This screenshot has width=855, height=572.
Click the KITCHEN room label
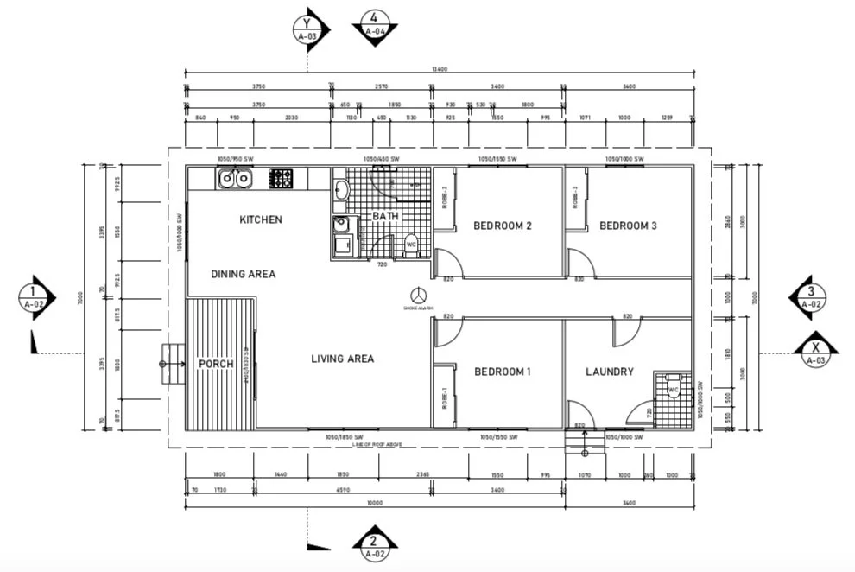[x=261, y=219]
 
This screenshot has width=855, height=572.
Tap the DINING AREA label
[x=244, y=274]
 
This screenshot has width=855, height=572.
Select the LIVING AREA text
[x=343, y=358]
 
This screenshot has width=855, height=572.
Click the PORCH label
[x=216, y=364]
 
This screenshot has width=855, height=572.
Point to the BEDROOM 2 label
[x=502, y=226]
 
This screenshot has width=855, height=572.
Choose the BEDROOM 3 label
[x=628, y=226]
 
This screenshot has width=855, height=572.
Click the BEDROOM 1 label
[x=502, y=372]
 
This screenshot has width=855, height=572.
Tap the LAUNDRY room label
[x=610, y=372]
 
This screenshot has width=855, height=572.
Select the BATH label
[x=384, y=216]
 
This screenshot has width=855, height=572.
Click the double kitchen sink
[x=234, y=179]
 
